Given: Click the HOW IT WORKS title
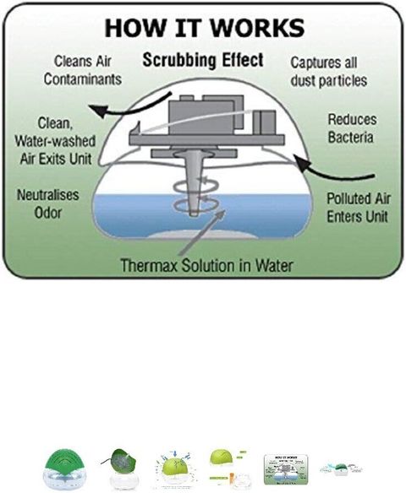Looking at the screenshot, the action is coord(205,28).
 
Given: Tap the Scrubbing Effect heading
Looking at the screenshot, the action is coord(203,60).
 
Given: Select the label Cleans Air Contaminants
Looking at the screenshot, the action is coord(83,70).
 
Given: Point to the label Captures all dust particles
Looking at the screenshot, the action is coord(328,72).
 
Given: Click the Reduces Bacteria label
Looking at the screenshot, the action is coord(352,128).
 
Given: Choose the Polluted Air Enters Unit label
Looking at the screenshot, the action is coord(359,208).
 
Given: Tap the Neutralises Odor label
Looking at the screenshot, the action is coord(48,203).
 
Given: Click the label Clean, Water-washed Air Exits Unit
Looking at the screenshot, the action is coord(55,141).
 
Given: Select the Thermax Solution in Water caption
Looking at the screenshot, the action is coord(207,265).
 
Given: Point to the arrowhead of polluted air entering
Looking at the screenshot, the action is coord(301,161).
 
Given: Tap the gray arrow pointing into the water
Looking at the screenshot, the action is coord(201,233).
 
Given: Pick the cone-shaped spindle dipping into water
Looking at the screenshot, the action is coord(195,182).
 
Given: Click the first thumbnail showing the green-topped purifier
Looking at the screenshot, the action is coord(64,469).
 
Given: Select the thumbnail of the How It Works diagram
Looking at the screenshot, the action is coord(286,469).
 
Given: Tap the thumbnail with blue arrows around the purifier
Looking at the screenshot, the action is coord(175,469).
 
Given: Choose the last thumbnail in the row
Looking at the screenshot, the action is coord(341,469).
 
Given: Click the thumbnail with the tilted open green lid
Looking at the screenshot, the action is coord(120,469).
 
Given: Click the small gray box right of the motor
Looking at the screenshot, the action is coord(265,122).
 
